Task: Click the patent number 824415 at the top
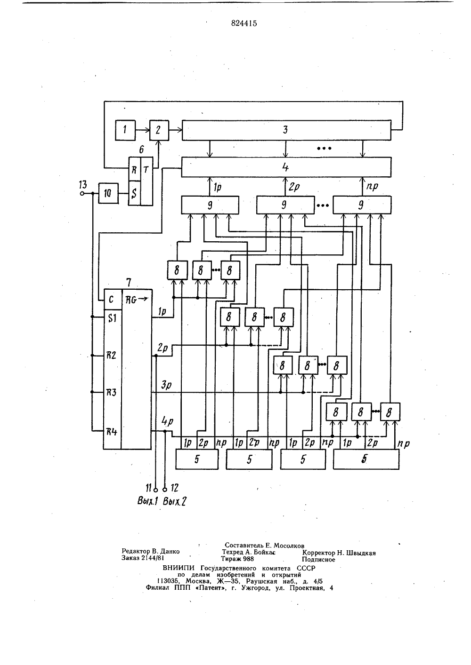click(244, 24)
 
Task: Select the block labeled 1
click(125, 130)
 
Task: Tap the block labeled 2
click(159, 130)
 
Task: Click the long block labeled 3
click(286, 130)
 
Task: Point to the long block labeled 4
click(286, 167)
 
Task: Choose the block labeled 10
click(108, 193)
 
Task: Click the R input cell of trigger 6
click(134, 169)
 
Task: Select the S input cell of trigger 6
click(134, 193)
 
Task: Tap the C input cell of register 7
click(113, 299)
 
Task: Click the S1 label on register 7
click(112, 318)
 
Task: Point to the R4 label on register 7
click(112, 431)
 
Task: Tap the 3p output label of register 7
click(167, 385)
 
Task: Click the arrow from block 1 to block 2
click(142, 130)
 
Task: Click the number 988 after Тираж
click(249, 559)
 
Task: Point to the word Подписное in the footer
click(318, 560)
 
